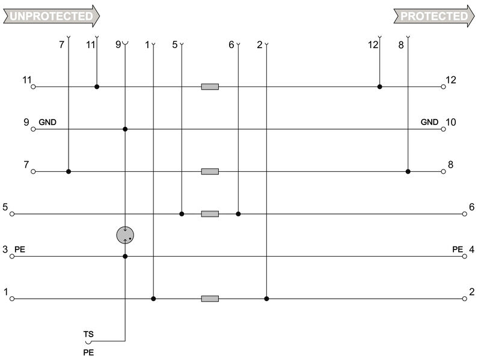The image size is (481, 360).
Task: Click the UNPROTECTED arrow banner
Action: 51,16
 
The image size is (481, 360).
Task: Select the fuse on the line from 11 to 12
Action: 210,87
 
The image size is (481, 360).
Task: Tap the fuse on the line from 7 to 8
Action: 210,172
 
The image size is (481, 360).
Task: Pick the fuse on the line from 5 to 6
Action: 210,214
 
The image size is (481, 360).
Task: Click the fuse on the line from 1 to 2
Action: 210,299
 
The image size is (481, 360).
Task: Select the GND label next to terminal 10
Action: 429,122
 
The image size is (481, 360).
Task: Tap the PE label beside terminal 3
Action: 20,249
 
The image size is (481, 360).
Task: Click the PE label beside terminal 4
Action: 458,249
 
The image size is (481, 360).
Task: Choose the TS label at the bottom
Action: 88,333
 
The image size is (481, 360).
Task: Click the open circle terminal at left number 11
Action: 34,87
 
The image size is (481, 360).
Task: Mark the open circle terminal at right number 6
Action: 464,214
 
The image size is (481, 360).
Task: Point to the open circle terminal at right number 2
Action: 464,299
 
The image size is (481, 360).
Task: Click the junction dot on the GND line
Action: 125,129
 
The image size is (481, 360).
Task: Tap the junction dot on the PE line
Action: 125,257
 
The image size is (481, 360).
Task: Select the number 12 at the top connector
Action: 373,44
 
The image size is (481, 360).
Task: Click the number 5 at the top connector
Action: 174,44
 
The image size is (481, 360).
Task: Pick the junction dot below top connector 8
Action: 408,172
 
